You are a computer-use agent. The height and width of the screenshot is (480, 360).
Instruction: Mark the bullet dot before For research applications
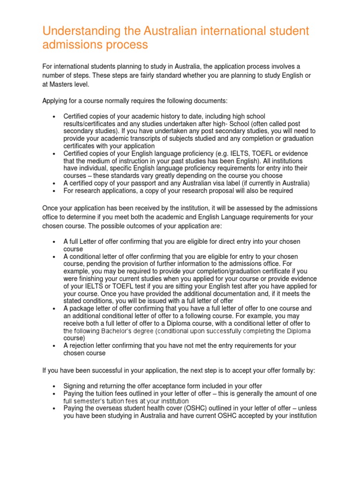[x=55, y=191]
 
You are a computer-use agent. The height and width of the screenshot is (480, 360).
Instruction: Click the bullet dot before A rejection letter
[x=55, y=346]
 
